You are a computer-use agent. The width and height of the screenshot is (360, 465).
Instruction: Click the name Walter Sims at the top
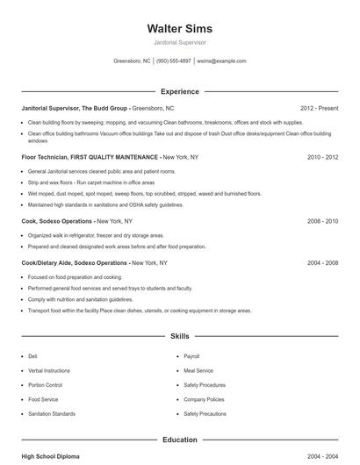[x=179, y=29]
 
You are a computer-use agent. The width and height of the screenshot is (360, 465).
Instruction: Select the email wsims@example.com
[x=221, y=61]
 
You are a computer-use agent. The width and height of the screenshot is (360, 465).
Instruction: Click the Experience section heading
[x=179, y=91]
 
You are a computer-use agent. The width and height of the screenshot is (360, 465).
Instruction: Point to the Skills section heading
[x=179, y=336]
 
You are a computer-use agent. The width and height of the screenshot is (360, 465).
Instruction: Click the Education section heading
[x=179, y=440]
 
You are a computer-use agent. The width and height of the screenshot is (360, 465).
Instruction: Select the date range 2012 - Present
[x=319, y=108]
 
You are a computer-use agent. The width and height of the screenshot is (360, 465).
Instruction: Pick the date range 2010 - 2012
[x=322, y=157]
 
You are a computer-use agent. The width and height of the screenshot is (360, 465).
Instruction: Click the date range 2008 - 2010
[x=322, y=222]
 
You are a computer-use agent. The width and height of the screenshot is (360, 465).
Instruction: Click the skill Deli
[x=32, y=357]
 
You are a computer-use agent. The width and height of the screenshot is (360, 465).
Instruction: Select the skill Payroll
[x=191, y=357]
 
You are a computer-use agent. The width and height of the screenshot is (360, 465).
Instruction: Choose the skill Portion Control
[x=46, y=385]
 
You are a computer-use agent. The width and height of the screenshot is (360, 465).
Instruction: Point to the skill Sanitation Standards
[x=51, y=413]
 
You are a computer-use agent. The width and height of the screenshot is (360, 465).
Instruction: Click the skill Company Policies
[x=205, y=399]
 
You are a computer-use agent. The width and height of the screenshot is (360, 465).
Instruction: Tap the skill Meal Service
[x=198, y=371]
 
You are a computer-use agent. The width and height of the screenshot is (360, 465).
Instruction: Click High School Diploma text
[x=51, y=457]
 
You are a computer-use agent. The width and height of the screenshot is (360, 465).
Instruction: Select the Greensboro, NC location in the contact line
[x=132, y=61]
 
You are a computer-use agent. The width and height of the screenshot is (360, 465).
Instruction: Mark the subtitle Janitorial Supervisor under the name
[x=179, y=43]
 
